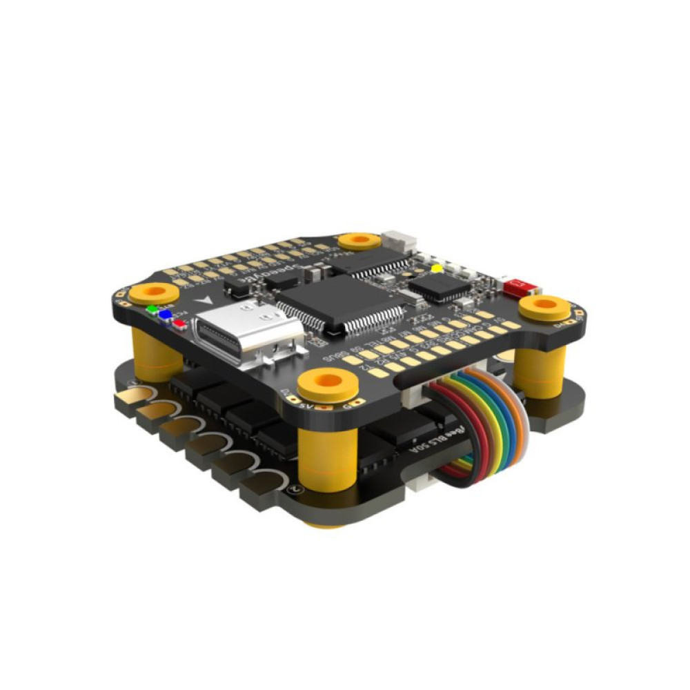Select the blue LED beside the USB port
pos(166,315)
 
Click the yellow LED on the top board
pos(436,267)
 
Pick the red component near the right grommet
pos(515,285)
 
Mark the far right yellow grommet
pos(544,307)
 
